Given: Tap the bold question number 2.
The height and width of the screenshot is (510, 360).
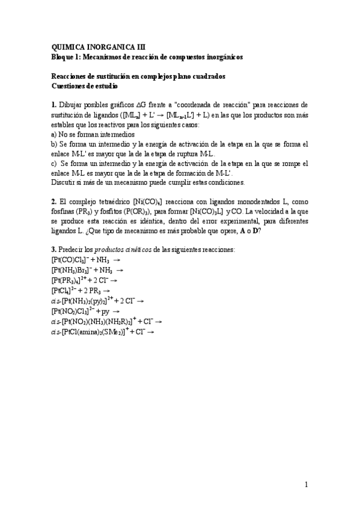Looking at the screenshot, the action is point(53,200).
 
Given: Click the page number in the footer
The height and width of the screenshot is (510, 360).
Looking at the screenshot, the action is point(306,485).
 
